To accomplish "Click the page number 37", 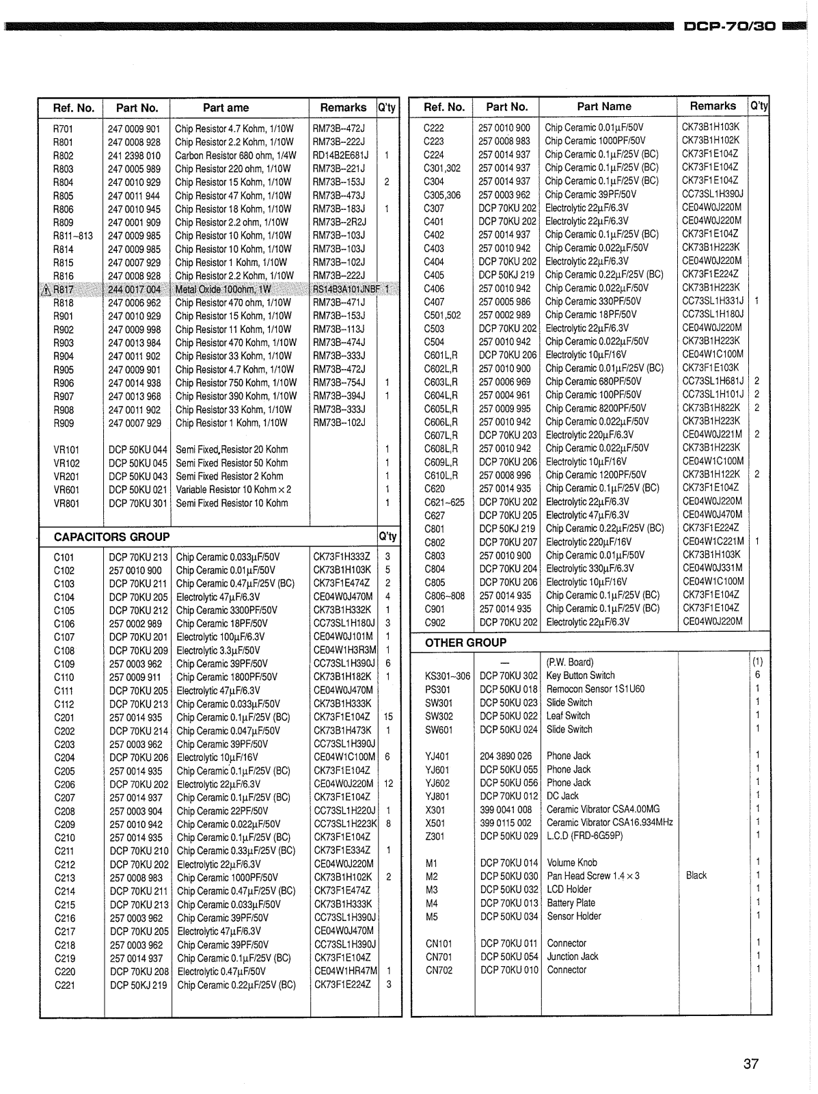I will [x=750, y=1064].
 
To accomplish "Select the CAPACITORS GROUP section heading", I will [x=111, y=537].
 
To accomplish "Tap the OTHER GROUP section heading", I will [x=465, y=643].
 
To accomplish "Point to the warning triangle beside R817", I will [x=46, y=289].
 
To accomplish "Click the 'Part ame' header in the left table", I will [x=226, y=107].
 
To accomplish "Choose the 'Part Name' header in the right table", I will [x=603, y=106].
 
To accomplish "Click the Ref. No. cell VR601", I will [x=66, y=490].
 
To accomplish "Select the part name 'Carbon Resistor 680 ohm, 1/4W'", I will [x=235, y=155].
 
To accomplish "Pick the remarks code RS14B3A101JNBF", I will [x=346, y=289].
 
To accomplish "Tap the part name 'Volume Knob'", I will [x=571, y=862].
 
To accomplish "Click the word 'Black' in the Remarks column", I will [x=696, y=875].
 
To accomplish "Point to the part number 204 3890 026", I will [x=505, y=756].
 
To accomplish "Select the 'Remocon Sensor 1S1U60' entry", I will [x=595, y=689].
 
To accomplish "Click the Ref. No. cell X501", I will [x=435, y=823].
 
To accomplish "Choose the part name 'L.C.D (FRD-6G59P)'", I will [x=584, y=836].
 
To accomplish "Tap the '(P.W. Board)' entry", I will [x=569, y=662].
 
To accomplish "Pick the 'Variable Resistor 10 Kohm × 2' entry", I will [x=233, y=490].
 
